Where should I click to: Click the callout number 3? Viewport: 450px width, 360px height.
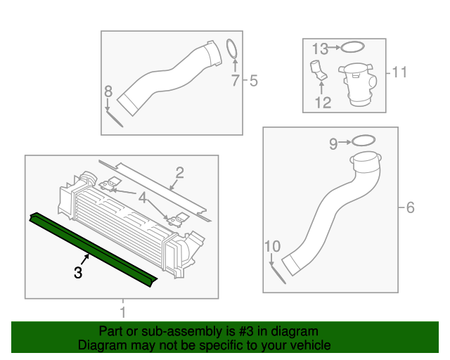pos(79,272)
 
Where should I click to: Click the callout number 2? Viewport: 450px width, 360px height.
pos(180,173)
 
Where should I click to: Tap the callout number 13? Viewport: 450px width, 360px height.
pos(320,49)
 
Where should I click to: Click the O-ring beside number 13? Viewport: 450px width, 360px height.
pos(353,48)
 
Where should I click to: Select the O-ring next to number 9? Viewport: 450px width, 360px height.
pos(361,141)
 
